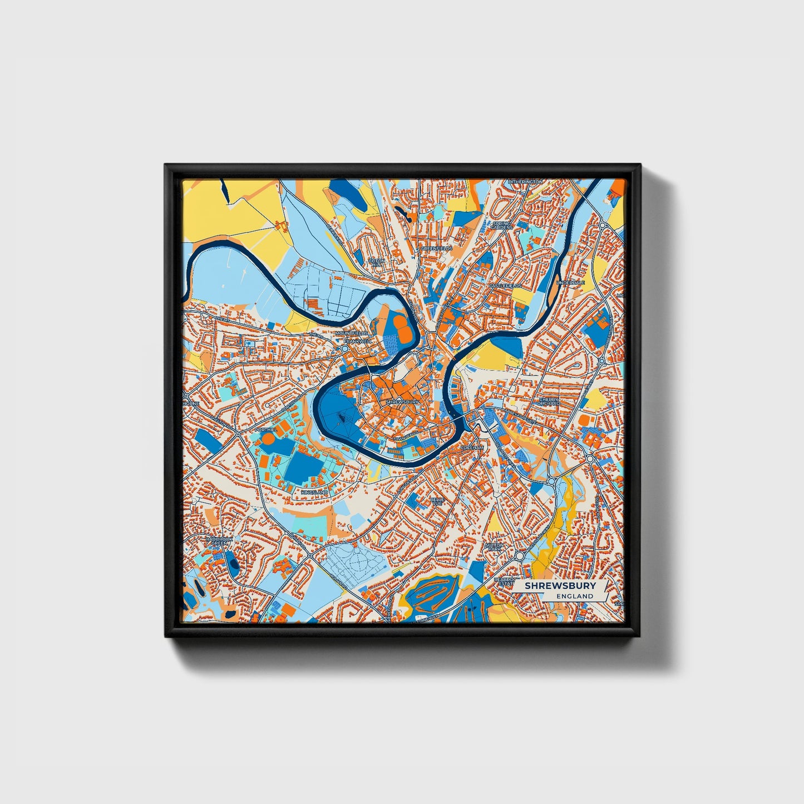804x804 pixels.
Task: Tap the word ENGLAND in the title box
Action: point(575,596)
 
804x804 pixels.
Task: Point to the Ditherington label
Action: point(525,182)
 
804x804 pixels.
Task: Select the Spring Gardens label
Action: point(502,225)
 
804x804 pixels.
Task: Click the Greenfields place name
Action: point(436,248)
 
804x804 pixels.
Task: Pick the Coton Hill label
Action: point(376,263)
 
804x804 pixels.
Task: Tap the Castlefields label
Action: point(505,285)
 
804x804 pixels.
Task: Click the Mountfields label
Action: point(352,333)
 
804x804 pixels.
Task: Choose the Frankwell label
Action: point(357,341)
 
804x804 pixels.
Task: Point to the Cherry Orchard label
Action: point(549,401)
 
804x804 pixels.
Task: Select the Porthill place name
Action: point(265,430)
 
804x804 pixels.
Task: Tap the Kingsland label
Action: point(314,493)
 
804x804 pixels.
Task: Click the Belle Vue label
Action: point(437,501)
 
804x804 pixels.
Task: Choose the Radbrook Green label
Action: point(218,540)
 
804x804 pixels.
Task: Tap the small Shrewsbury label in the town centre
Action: point(402,401)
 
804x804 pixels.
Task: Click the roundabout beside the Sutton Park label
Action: point(519,555)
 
